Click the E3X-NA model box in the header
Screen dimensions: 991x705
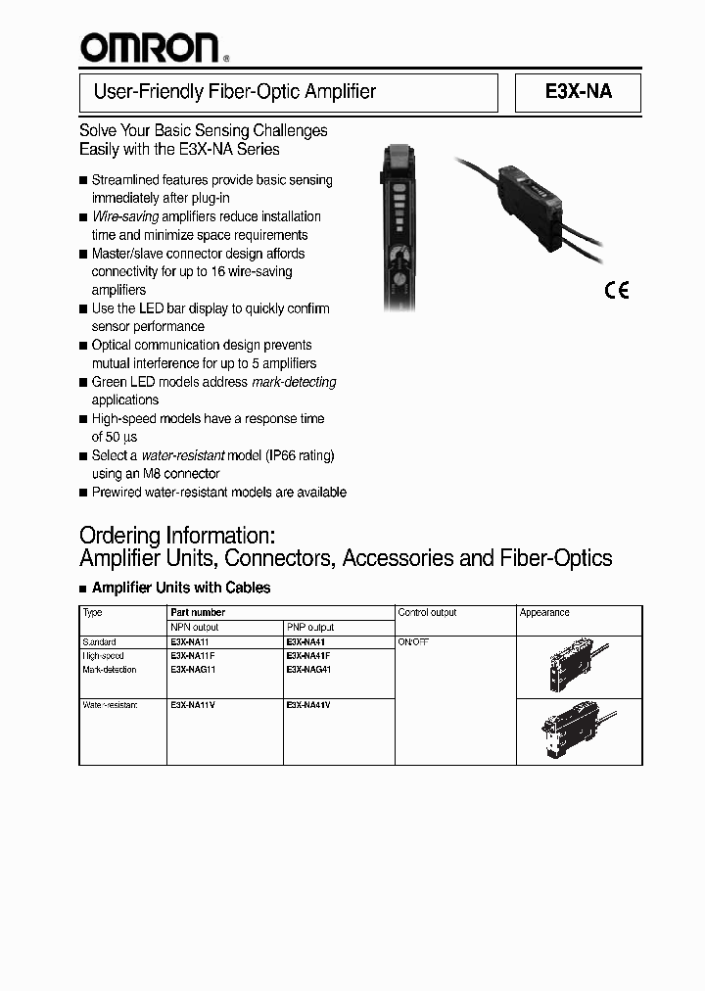point(578,93)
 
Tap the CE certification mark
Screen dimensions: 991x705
point(616,289)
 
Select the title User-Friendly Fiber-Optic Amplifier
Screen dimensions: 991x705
point(234,92)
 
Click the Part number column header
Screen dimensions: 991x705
point(198,612)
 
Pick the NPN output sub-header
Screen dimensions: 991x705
point(195,627)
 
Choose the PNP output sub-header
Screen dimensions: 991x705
point(310,627)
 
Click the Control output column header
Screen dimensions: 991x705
point(427,612)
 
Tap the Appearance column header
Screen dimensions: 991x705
point(544,612)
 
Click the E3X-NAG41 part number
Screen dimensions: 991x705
point(309,670)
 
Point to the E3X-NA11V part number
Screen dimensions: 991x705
point(192,705)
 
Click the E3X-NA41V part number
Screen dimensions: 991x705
point(307,705)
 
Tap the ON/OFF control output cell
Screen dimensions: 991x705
point(413,642)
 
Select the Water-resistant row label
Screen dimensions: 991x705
point(110,705)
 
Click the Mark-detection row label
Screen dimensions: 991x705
point(110,670)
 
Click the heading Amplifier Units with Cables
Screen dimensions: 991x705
point(180,588)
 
